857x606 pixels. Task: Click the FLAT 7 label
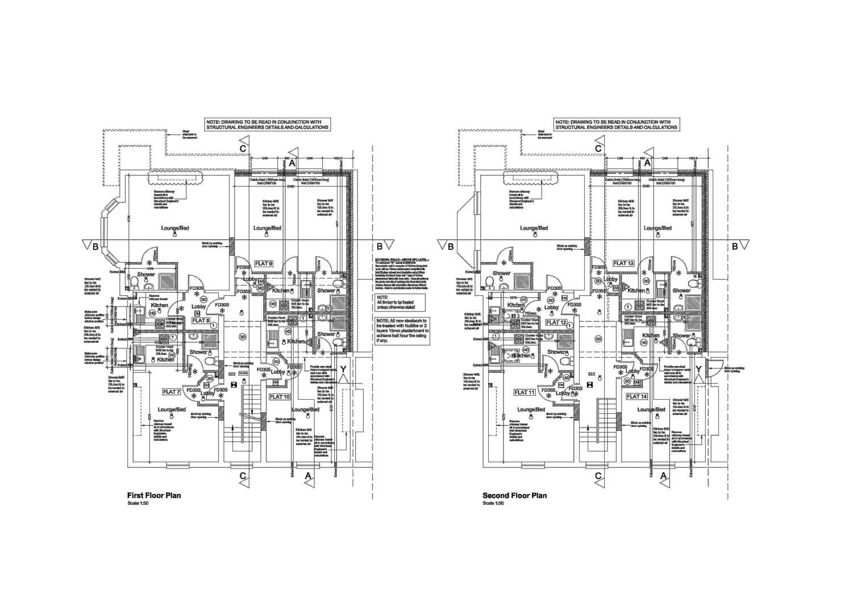click(172, 392)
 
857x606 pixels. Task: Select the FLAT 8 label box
click(201, 321)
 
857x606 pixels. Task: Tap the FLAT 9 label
click(264, 263)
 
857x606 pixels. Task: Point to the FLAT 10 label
click(280, 396)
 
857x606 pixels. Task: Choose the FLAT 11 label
click(524, 392)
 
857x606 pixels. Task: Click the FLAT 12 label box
click(556, 322)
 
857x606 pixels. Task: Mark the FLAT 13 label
click(623, 263)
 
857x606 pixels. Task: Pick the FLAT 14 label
click(637, 396)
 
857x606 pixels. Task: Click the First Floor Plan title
click(155, 495)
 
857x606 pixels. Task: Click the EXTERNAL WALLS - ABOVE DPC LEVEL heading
click(402, 259)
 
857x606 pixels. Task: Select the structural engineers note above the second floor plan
click(617, 125)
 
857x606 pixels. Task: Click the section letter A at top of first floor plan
click(292, 163)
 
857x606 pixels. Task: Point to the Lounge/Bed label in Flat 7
click(172, 410)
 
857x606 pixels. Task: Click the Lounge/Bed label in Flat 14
click(651, 409)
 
